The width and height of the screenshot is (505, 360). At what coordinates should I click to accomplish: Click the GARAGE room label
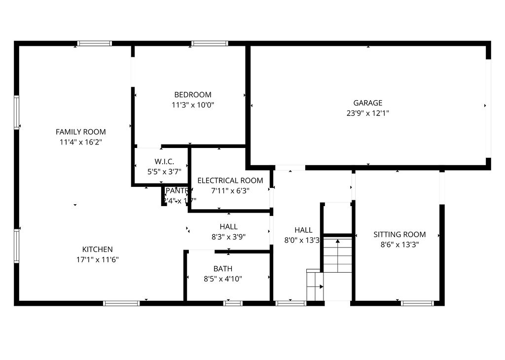[x=368, y=103]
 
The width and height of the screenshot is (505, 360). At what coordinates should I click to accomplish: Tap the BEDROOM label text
[x=193, y=95]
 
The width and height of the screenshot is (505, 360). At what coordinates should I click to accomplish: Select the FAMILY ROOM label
[x=81, y=132]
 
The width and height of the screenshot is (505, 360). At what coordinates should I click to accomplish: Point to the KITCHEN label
[x=98, y=250]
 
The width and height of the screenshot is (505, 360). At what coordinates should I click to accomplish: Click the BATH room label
[x=223, y=269]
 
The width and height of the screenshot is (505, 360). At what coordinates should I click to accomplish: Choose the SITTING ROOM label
[x=399, y=234]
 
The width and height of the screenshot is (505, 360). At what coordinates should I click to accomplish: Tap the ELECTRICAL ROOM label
[x=230, y=180]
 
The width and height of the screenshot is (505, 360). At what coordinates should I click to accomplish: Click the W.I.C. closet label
[x=164, y=161]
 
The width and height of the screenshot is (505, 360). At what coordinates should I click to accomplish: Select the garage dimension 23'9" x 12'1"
[x=368, y=113]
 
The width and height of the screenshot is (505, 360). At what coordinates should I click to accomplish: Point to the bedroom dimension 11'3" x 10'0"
[x=193, y=105]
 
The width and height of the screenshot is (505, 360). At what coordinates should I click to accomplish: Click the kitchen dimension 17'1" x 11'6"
[x=98, y=259]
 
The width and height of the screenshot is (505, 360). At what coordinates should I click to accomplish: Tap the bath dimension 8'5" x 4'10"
[x=223, y=279]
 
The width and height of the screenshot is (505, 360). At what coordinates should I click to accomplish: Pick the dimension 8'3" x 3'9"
[x=229, y=237]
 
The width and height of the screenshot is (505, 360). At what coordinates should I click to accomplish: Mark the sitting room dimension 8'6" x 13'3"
[x=399, y=244]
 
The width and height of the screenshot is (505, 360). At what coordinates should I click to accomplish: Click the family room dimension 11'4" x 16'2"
[x=81, y=142]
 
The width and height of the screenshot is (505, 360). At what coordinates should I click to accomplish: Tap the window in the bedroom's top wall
[x=210, y=43]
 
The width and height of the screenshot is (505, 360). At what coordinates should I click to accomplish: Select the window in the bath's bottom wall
[x=233, y=303]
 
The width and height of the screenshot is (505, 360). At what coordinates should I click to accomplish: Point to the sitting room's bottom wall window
[x=417, y=303]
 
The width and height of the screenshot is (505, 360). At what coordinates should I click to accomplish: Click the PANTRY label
[x=177, y=191]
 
